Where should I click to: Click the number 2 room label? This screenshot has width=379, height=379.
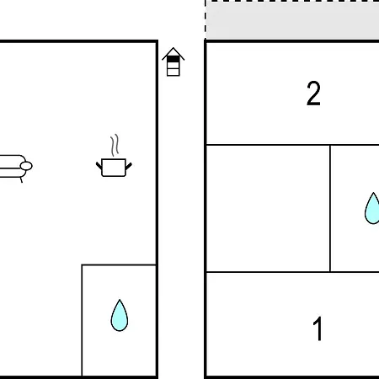coord(313,93)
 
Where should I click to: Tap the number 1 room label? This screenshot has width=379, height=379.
coord(318,328)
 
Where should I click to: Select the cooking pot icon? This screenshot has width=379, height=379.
coord(114,168)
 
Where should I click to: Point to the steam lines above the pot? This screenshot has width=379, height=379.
coord(115,145)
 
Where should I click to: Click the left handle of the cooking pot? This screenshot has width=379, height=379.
coord(99,166)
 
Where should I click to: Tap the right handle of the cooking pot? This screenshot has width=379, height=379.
coord(129,166)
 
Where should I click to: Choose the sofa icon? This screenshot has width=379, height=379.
coord(16,168)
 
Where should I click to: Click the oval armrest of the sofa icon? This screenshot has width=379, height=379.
coord(26,166)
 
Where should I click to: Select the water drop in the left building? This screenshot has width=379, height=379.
coord(120,315)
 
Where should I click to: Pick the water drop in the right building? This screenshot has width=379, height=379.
coord(372,208)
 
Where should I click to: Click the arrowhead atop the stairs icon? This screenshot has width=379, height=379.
coord(173,53)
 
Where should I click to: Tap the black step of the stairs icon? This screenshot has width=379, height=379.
coord(173,59)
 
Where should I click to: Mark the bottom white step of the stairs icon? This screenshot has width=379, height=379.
coord(173,72)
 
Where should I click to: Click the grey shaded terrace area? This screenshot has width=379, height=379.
coord(292,20)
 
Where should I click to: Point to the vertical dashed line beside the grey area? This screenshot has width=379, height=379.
coord(206,19)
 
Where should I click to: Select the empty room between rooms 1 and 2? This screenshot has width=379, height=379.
coord(268,208)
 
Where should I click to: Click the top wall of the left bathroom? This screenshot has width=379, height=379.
coord(119,264)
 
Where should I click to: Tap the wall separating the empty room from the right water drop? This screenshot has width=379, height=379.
coord(330,208)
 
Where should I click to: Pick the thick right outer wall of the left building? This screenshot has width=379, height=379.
coord(157,208)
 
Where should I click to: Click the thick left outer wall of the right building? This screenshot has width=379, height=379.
coord(206,209)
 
